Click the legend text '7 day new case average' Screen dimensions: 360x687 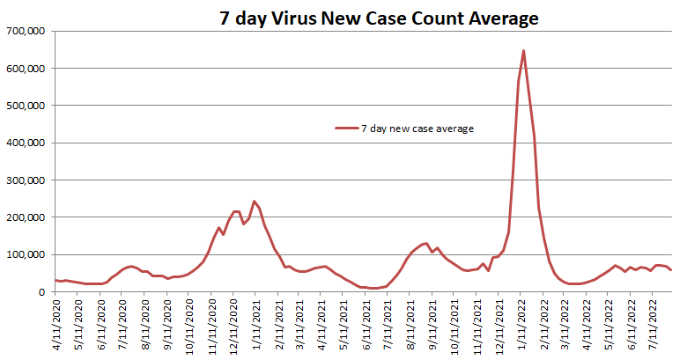click(417, 129)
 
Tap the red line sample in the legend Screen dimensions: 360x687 click(346, 129)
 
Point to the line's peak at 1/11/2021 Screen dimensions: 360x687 click(255, 201)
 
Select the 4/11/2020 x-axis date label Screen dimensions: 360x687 click(58, 327)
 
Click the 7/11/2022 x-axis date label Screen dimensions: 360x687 click(655, 327)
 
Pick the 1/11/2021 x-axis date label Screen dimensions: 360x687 click(257, 327)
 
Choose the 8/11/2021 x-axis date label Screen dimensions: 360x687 click(412, 327)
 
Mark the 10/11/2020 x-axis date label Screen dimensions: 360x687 click(191, 327)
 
